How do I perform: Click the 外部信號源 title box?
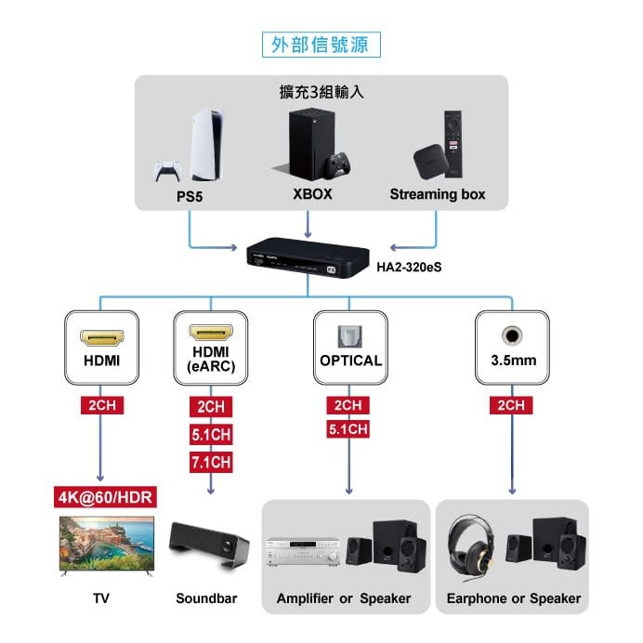(x=321, y=44)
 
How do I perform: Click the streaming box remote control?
(x=453, y=144)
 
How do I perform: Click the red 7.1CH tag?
(x=211, y=462)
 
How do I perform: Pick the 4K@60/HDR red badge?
(x=102, y=496)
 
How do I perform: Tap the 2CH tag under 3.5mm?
(x=511, y=406)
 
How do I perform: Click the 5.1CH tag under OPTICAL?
(x=348, y=429)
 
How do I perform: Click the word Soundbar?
(x=206, y=598)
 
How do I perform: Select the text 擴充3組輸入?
(x=321, y=92)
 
